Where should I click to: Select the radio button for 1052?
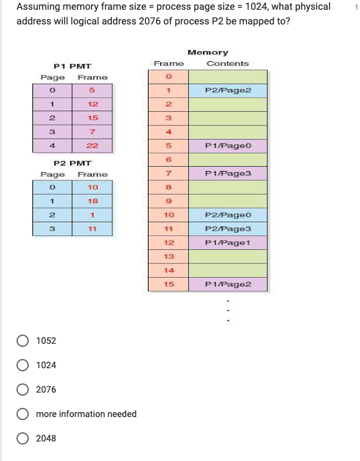pyautogui.click(x=23, y=341)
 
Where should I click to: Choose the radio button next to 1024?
pyautogui.click(x=23, y=365)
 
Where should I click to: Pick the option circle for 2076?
pyautogui.click(x=23, y=390)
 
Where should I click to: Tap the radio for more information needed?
pyautogui.click(x=23, y=414)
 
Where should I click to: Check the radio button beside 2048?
pyautogui.click(x=23, y=438)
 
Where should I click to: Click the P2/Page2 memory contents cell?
pyautogui.click(x=227, y=90)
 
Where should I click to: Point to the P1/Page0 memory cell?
pyautogui.click(x=227, y=146)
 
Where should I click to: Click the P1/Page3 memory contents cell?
pyautogui.click(x=227, y=174)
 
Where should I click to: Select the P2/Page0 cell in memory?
pyautogui.click(x=227, y=215)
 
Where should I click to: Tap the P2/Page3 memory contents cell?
pyautogui.click(x=227, y=228)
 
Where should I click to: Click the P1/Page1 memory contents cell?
pyautogui.click(x=227, y=242)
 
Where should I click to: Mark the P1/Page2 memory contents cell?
pyautogui.click(x=227, y=284)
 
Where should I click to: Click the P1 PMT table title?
pyautogui.click(x=72, y=65)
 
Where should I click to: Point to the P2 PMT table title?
pyautogui.click(x=72, y=163)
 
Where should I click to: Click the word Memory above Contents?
pyautogui.click(x=208, y=53)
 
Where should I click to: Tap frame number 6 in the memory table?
pyautogui.click(x=168, y=160)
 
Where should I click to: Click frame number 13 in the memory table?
pyautogui.click(x=169, y=256)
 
